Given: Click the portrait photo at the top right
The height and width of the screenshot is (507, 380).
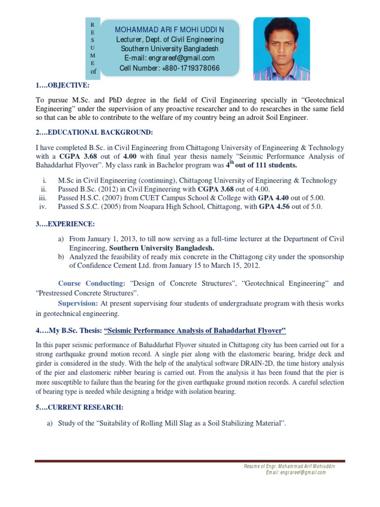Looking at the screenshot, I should [282, 49].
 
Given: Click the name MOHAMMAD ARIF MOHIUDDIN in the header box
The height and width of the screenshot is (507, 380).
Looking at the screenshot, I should [170, 29].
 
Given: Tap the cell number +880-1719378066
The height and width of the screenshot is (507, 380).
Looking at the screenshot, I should [170, 68].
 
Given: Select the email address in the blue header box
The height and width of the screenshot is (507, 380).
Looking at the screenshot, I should [170, 58].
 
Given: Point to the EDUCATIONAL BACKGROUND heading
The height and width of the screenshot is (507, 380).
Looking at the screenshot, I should [95, 132].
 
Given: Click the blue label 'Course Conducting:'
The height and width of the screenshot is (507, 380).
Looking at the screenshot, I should [92, 284].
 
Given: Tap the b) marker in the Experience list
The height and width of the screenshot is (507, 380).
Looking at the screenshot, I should [61, 257].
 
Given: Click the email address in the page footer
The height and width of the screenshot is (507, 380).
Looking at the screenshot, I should [296, 472].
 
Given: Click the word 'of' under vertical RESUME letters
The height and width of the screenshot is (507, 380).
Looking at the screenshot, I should [93, 72].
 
